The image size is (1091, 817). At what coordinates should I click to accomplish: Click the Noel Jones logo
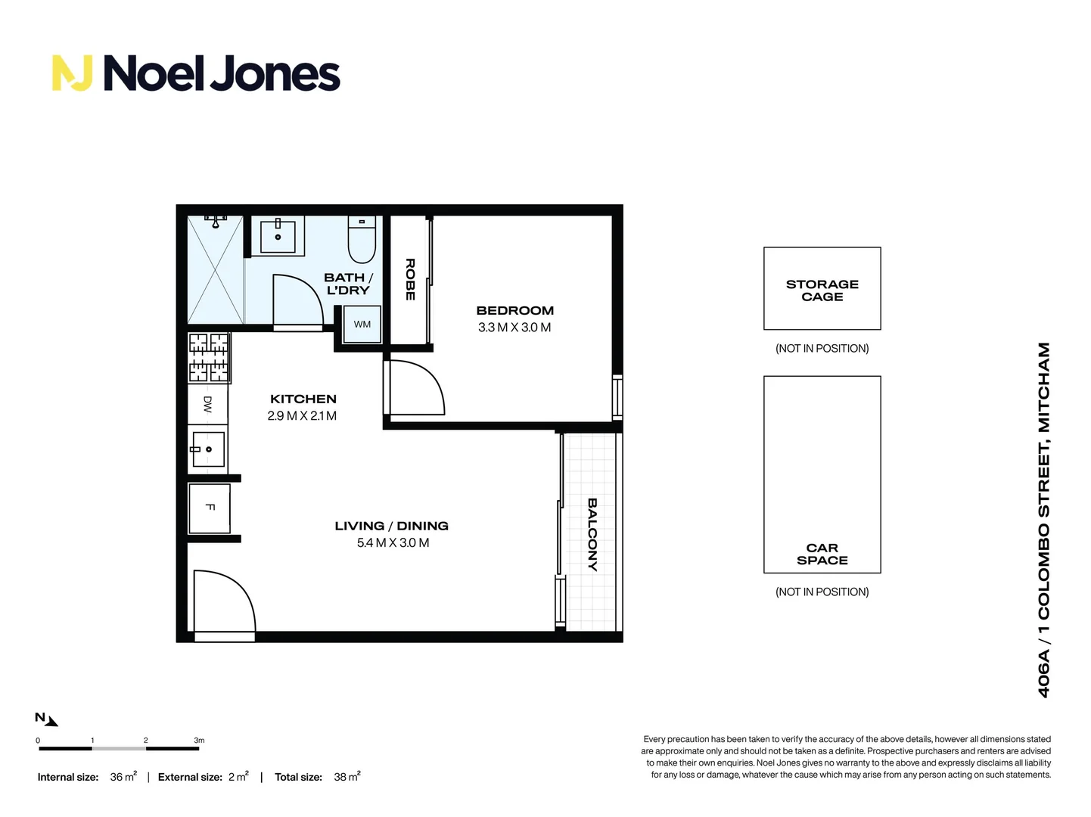tap(196, 73)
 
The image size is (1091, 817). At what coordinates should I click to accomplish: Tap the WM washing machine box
tap(362, 325)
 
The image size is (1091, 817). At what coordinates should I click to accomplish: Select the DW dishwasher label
tap(207, 405)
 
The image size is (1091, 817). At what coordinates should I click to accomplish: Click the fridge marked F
tap(210, 508)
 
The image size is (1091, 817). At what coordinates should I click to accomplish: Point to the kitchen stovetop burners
tap(208, 357)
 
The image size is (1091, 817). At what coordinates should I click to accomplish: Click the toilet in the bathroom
tap(362, 238)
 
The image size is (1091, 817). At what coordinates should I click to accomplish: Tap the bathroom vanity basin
tap(278, 236)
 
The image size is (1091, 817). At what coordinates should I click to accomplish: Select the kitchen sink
tap(207, 449)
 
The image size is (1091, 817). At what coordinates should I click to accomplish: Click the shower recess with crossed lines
tap(215, 270)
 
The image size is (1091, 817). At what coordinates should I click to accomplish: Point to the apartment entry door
tap(223, 601)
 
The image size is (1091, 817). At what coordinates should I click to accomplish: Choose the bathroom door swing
tap(297, 301)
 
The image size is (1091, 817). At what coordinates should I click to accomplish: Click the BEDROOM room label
tap(514, 311)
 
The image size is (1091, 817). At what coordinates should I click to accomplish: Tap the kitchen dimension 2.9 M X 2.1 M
tap(302, 416)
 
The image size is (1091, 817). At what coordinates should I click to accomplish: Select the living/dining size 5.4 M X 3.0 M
tap(393, 543)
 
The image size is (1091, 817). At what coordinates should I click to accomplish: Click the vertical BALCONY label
tap(592, 534)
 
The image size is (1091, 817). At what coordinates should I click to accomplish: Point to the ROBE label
tap(410, 279)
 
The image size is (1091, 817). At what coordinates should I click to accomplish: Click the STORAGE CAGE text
tap(822, 290)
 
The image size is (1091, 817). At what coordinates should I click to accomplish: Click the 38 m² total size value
tap(347, 777)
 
